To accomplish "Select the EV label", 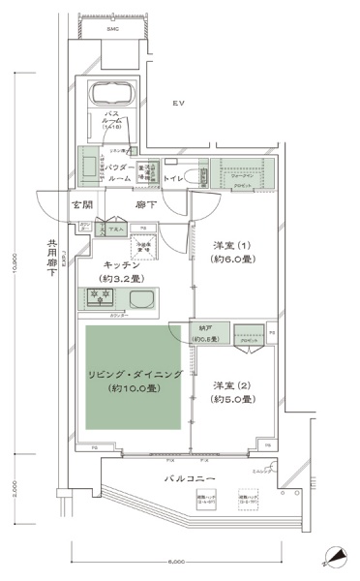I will click(x=178, y=103).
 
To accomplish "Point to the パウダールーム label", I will click(x=120, y=173).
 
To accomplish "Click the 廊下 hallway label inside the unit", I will click(x=146, y=206).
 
